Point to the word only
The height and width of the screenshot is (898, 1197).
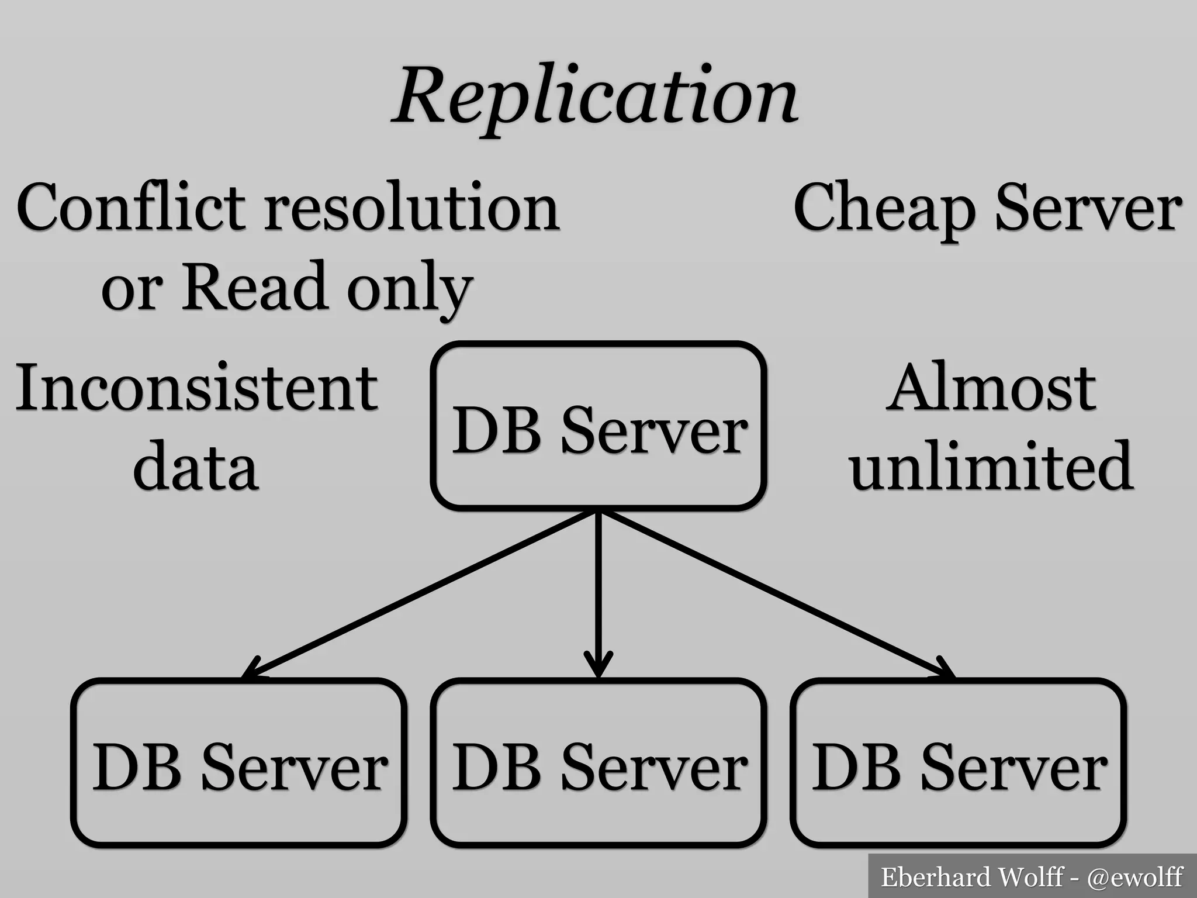point(409,289)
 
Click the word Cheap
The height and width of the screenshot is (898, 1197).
point(884,209)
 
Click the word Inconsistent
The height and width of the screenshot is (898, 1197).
point(196,388)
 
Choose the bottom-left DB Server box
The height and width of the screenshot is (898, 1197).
point(239,763)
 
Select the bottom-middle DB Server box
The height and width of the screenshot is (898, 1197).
point(598,763)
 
